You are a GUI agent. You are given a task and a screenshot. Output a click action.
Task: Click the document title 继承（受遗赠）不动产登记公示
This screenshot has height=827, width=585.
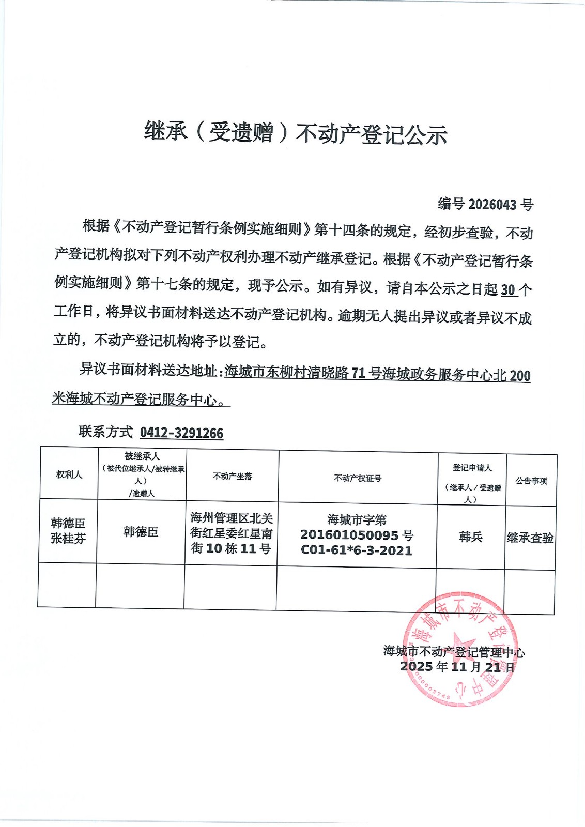click(x=295, y=133)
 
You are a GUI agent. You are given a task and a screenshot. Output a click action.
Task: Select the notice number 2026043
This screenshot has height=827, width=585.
click(x=492, y=205)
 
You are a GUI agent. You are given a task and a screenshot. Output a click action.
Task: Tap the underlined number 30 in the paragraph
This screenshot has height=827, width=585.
click(x=508, y=290)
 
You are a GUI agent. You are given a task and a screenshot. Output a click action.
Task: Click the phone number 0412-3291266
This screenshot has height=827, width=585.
click(x=181, y=433)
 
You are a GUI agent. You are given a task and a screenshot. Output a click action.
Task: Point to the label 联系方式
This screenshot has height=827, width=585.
click(x=106, y=432)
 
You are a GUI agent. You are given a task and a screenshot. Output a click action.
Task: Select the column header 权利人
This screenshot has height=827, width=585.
click(x=69, y=474)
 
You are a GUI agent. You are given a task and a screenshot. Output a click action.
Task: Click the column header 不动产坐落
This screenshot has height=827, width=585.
click(x=232, y=477)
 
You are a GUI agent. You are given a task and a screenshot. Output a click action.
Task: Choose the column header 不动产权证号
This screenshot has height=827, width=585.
click(x=358, y=479)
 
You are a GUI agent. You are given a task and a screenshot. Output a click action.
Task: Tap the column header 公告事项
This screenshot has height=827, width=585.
click(x=531, y=481)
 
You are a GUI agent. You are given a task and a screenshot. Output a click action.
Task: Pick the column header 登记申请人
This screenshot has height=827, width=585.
click(x=472, y=468)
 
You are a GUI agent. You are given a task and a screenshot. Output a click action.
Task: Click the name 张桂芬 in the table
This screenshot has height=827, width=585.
click(x=68, y=539)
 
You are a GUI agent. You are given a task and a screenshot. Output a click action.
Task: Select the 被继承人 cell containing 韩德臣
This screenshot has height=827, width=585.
click(x=141, y=532)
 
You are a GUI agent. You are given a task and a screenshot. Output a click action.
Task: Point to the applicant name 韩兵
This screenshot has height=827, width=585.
click(x=470, y=537)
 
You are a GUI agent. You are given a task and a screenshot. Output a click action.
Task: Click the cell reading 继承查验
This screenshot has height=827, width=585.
click(x=530, y=538)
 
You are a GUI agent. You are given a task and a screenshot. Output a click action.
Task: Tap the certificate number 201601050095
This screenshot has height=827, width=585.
click(x=350, y=535)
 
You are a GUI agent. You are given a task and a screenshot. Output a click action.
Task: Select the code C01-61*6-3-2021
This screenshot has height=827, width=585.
click(x=357, y=550)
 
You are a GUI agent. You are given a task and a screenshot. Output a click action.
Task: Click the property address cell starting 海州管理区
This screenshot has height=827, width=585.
click(x=231, y=533)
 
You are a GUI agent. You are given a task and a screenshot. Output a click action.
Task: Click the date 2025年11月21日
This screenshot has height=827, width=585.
click(x=457, y=667)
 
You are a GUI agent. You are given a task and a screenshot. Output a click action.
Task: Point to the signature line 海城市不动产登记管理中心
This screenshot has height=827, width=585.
click(x=454, y=652)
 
